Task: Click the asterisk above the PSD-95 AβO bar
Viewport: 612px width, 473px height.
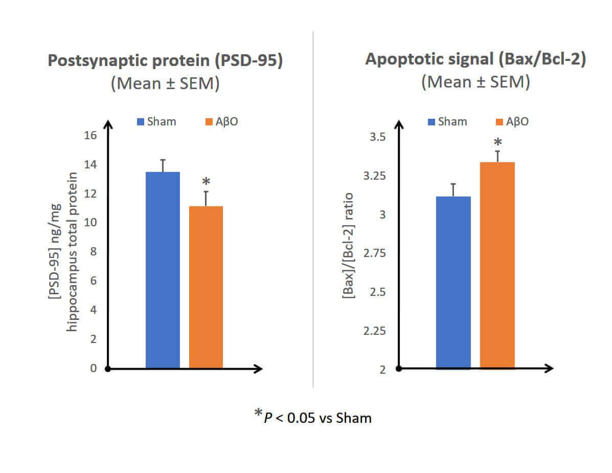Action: coord(206,182)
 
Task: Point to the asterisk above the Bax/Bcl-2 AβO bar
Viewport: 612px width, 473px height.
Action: coord(497,143)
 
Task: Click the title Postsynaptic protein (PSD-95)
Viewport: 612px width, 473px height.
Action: coord(166,60)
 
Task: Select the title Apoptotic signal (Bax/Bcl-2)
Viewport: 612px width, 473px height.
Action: coord(475,59)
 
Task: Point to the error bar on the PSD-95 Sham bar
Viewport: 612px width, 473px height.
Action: coord(163,165)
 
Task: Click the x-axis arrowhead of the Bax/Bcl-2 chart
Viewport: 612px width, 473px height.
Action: coord(550,368)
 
